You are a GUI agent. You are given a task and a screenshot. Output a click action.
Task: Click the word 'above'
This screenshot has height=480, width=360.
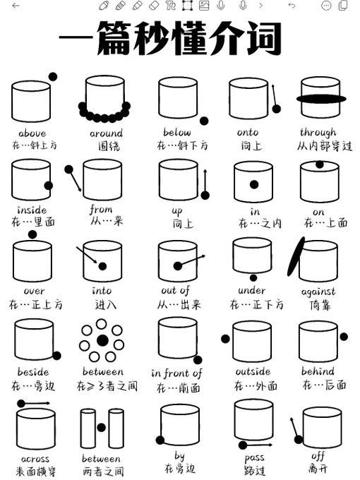click(x=31, y=133)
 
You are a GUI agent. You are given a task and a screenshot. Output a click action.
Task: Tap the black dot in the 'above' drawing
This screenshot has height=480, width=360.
click(x=53, y=76)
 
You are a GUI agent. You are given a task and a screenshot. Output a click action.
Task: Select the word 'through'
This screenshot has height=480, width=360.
click(x=318, y=132)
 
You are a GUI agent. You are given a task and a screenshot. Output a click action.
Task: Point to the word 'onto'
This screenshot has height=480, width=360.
click(x=247, y=132)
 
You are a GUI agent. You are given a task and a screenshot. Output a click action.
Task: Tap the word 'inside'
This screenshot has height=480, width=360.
click(x=31, y=210)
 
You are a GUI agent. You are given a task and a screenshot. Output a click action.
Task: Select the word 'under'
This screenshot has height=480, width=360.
click(x=252, y=290)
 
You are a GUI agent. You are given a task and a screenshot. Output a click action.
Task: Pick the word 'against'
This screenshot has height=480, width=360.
click(x=318, y=291)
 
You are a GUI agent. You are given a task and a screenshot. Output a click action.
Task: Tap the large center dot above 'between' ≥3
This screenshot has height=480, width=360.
click(x=102, y=341)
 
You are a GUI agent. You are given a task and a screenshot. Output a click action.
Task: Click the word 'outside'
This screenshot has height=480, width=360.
click(x=253, y=371)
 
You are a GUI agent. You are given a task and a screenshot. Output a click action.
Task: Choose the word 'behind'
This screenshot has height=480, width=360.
click(x=318, y=371)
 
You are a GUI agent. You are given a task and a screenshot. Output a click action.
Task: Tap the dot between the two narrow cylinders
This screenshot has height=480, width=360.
click(x=102, y=427)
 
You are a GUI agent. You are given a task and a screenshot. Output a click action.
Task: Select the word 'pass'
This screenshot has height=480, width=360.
click(x=255, y=457)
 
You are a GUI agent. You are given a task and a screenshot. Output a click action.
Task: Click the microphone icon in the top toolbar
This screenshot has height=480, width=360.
click(x=221, y=6)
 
